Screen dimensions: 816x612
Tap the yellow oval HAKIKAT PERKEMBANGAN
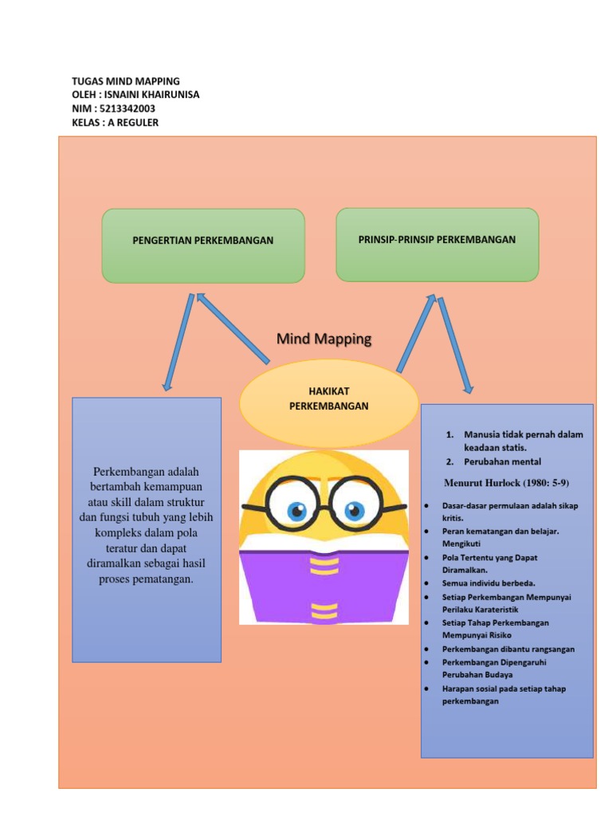pos(328,398)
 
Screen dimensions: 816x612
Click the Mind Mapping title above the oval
pos(324,339)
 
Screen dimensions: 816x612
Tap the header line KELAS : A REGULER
pos(115,122)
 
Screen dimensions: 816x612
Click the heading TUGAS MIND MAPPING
pos(126,81)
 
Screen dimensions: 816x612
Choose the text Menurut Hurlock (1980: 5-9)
pos(506,483)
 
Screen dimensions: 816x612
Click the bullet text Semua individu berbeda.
pos(488,583)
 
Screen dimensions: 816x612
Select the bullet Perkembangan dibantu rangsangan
pos(508,649)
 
